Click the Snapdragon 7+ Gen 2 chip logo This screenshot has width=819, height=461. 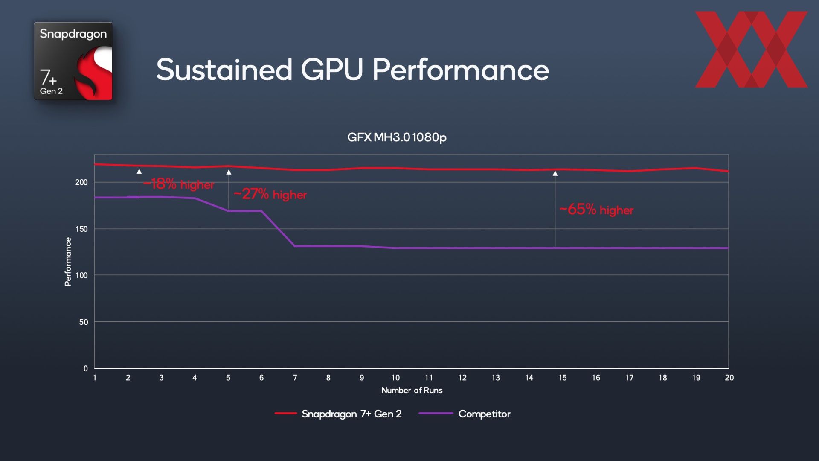pos(73,61)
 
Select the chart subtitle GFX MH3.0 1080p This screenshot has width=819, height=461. pos(397,137)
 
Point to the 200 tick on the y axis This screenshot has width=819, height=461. pos(81,182)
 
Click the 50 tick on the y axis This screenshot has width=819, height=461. pos(84,322)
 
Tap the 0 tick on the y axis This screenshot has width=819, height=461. pos(86,368)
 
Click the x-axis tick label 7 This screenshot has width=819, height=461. pos(295,378)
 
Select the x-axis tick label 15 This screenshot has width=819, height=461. pos(562,378)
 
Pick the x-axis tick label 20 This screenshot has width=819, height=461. pos(729,378)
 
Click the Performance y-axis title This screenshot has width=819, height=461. pos(68,262)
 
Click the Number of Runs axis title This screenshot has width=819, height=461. pos(412,390)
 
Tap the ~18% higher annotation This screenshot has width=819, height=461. pos(179,184)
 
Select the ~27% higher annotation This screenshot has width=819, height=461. pos(270,194)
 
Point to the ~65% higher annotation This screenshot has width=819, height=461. pos(596,210)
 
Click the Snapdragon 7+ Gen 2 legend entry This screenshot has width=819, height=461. pos(338,414)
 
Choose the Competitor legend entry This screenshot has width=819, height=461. pos(465,414)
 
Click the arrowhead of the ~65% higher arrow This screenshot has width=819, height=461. pos(555,173)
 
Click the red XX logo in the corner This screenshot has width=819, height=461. pos(751,50)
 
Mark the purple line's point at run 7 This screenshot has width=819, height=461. pos(295,246)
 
